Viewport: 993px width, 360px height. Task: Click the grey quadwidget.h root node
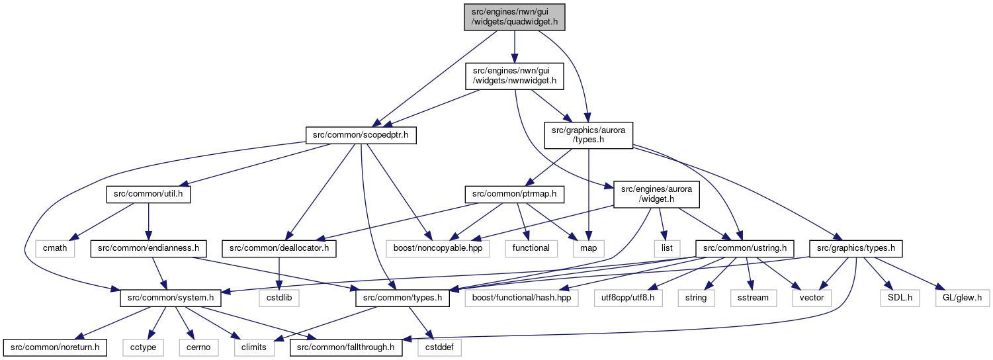(x=514, y=17)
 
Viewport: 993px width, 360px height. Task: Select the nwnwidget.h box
(x=514, y=76)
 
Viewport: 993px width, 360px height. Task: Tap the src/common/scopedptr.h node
(x=361, y=135)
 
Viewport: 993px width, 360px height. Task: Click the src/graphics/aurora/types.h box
(x=588, y=135)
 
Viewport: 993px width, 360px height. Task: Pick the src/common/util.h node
(x=148, y=194)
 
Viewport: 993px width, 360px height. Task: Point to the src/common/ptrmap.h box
(x=514, y=194)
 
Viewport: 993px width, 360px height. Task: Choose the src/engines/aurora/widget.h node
(x=656, y=194)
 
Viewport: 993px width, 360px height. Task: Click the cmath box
(x=55, y=248)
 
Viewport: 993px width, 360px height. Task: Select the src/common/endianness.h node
(x=148, y=248)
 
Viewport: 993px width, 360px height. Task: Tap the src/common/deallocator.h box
(x=279, y=248)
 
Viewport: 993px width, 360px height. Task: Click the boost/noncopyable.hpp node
(x=438, y=248)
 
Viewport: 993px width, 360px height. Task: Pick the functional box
(x=531, y=248)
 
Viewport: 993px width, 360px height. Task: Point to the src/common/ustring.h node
(x=745, y=248)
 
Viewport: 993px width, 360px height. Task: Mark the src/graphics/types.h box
(x=856, y=248)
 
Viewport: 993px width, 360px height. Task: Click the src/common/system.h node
(x=171, y=298)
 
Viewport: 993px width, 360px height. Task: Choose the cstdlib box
(x=279, y=298)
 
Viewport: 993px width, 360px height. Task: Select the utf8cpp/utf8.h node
(x=628, y=298)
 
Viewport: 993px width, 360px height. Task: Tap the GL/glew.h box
(x=961, y=298)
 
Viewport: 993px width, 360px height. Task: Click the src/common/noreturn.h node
(x=55, y=347)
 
